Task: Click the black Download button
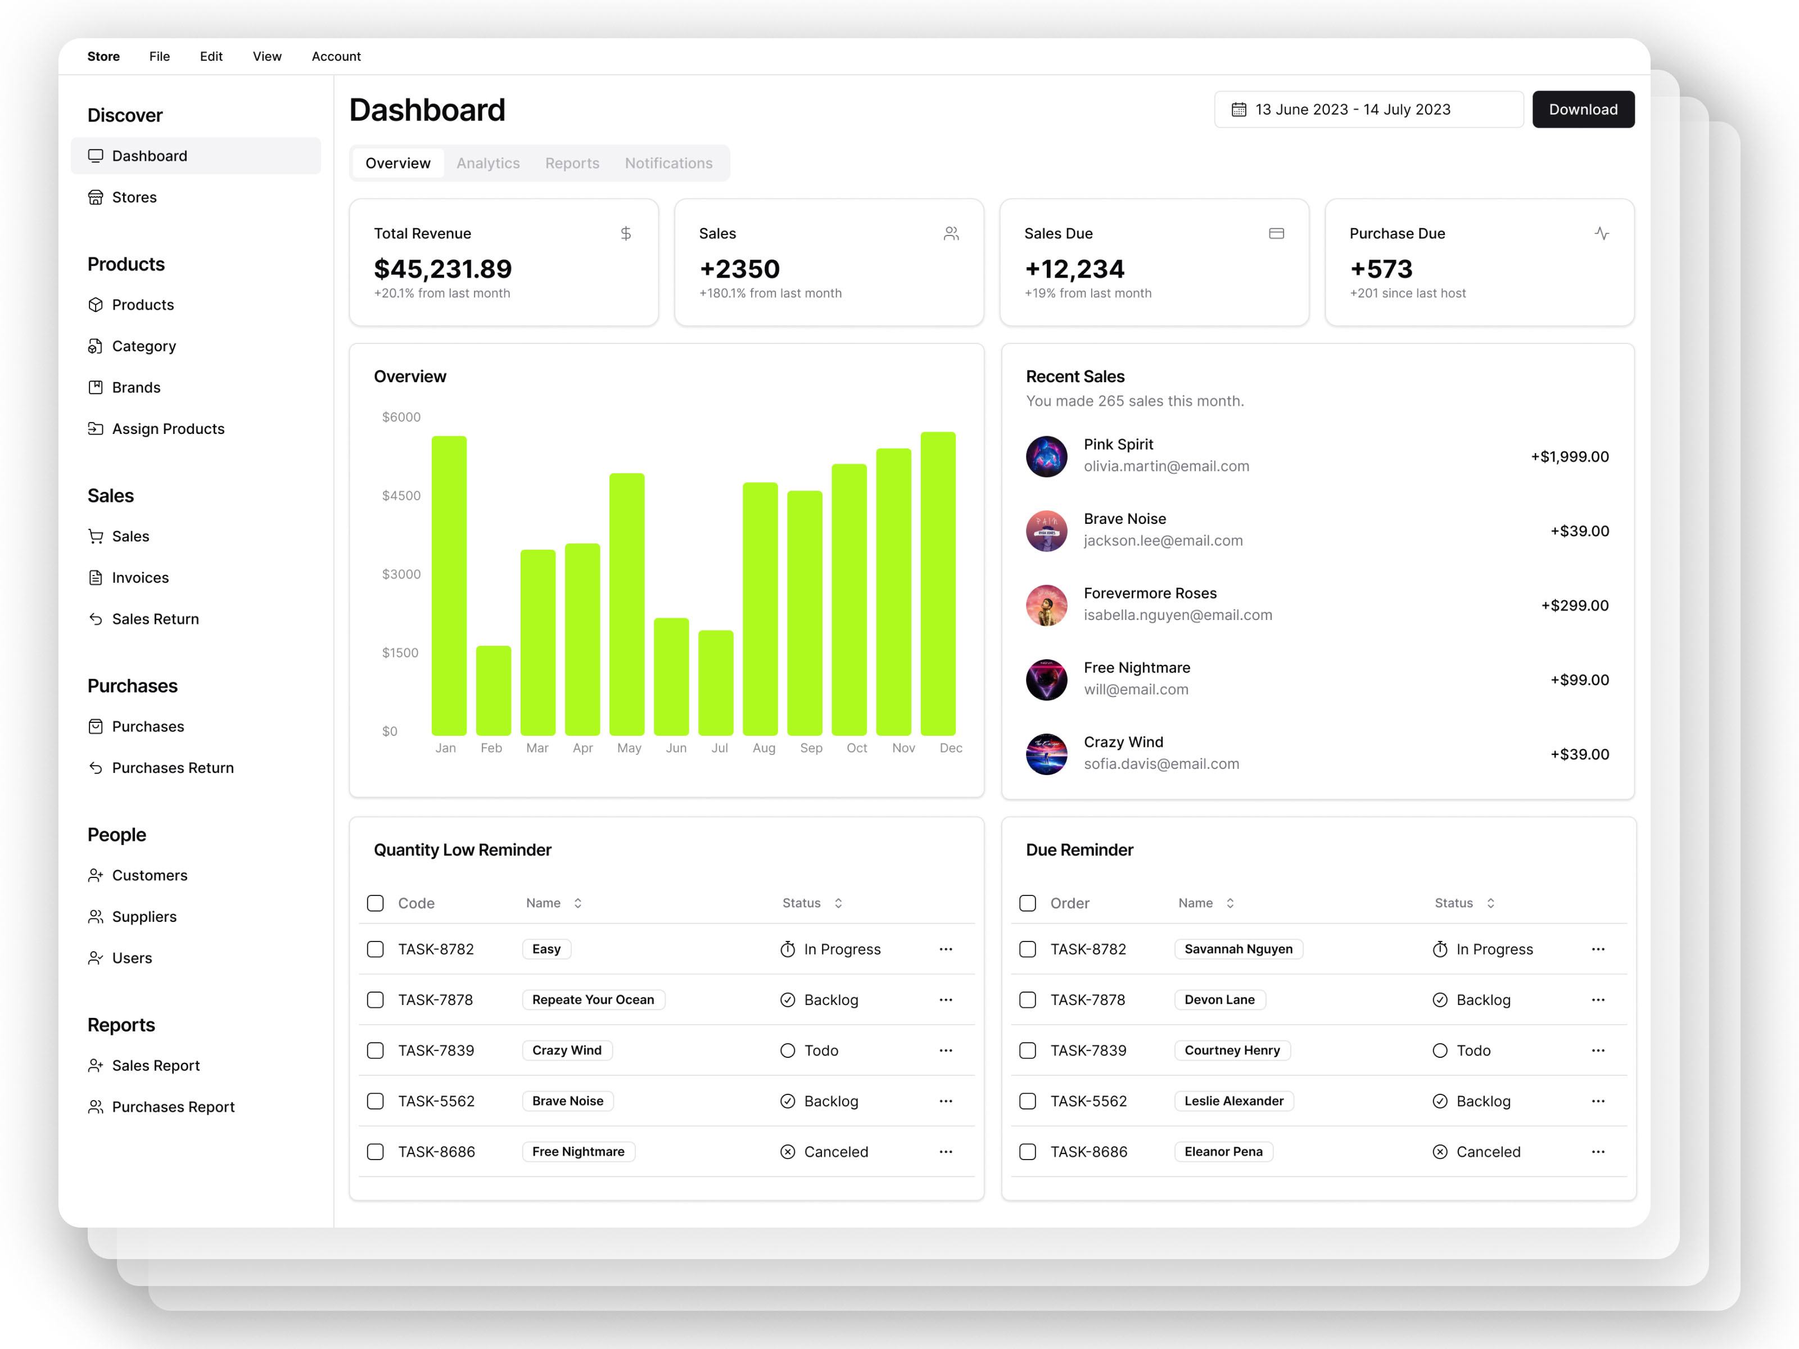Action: point(1582,110)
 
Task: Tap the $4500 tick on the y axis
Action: point(401,495)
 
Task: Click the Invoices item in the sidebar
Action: point(140,577)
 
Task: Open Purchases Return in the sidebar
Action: point(173,768)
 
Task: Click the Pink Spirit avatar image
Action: point(1046,456)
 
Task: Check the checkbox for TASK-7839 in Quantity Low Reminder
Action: point(375,1051)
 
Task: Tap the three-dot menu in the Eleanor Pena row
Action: point(1597,1151)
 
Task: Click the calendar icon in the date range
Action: point(1238,110)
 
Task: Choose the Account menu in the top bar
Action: point(336,56)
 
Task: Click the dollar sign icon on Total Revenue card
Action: point(625,233)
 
